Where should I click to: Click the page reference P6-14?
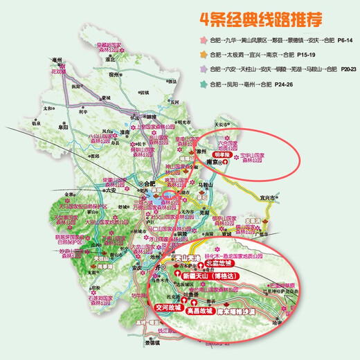tap(343, 43)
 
